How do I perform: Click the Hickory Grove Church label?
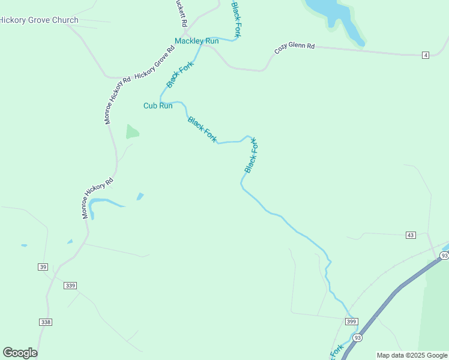tap(39, 20)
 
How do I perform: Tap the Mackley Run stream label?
tap(196, 41)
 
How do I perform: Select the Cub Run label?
tap(158, 106)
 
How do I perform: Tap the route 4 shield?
tap(426, 55)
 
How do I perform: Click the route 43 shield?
tap(411, 235)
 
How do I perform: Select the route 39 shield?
tap(42, 267)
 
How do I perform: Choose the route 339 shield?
tap(70, 286)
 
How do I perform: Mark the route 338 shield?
tap(46, 322)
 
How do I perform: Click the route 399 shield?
tap(352, 322)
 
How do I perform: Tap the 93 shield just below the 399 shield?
tap(358, 338)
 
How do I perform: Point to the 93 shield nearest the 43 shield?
tap(444, 256)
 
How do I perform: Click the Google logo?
tap(20, 353)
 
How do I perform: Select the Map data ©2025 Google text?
tap(412, 355)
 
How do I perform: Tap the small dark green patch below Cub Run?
tap(132, 132)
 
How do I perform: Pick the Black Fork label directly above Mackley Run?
tap(237, 19)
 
